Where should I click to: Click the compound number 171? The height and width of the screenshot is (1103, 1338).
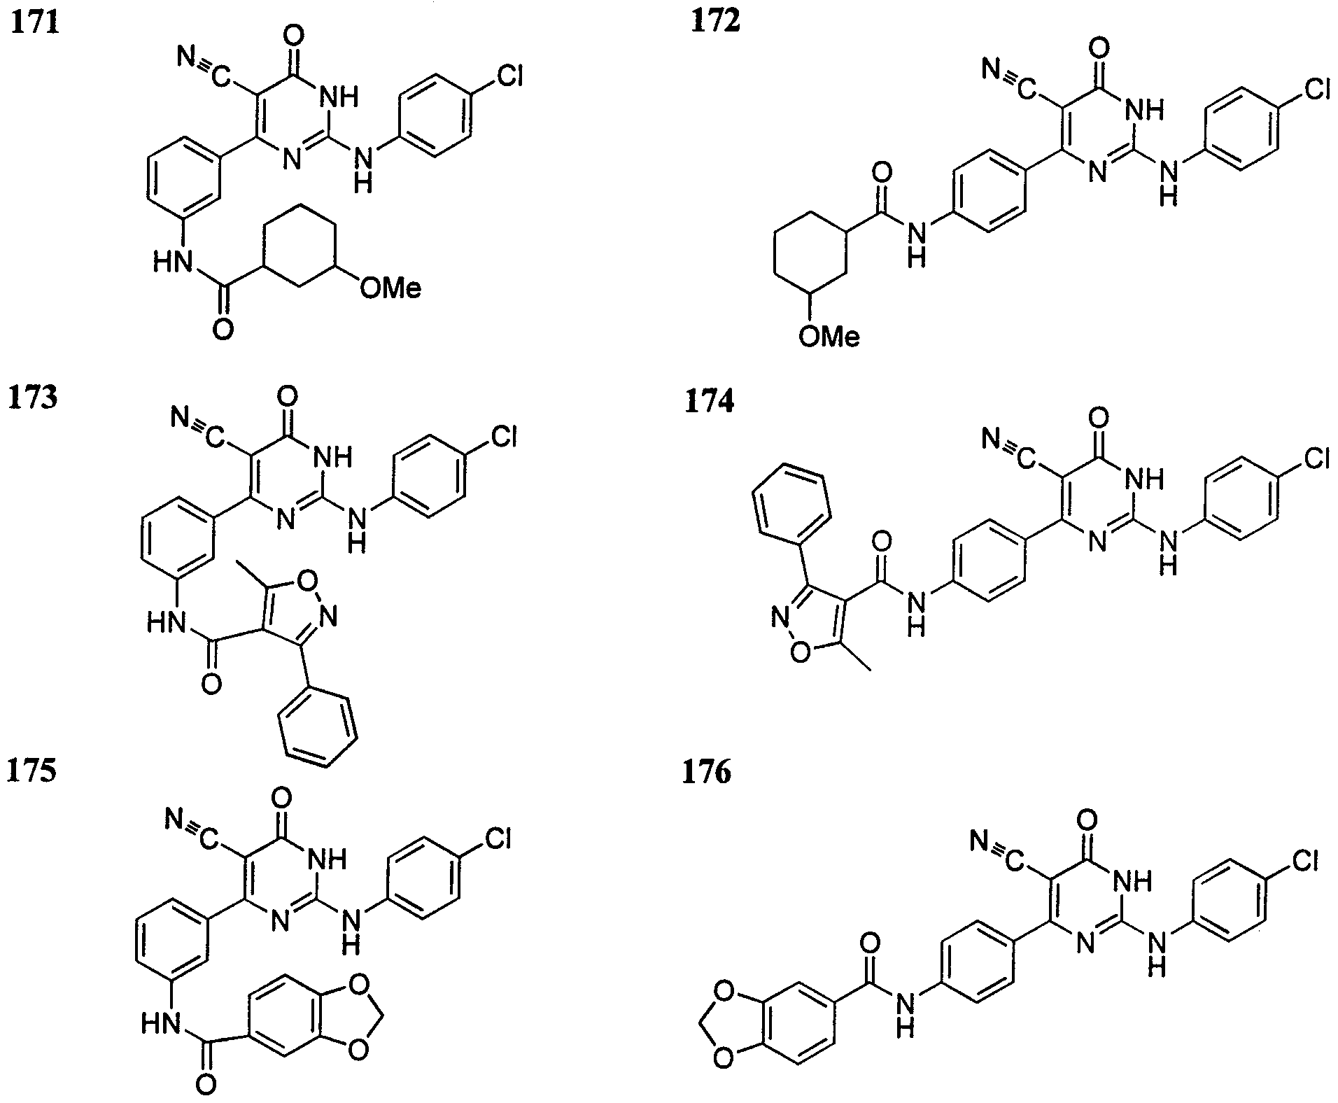point(33,23)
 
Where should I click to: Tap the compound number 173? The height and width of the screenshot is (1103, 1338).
point(33,398)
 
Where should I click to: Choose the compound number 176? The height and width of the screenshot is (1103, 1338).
point(707,773)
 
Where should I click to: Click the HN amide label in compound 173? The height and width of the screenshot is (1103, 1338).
point(167,620)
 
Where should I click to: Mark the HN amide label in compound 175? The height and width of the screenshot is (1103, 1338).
point(162,1025)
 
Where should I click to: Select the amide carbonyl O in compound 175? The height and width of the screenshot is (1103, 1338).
point(206,1084)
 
